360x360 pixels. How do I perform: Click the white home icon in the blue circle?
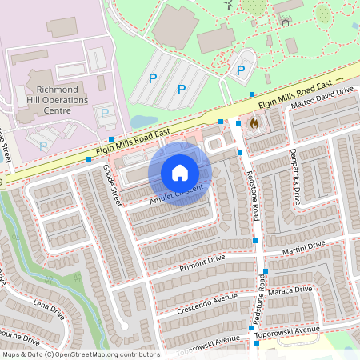[x=180, y=173]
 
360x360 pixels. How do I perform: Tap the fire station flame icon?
[x=254, y=124]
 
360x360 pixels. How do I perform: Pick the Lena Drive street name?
[x=49, y=311]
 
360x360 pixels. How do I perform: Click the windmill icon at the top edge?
[x=227, y=5]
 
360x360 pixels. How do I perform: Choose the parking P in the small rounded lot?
[x=241, y=70]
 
